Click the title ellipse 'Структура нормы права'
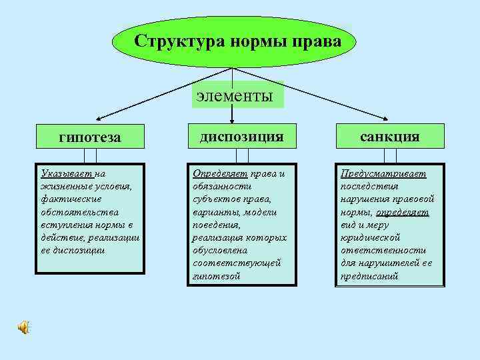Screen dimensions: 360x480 point(237,41)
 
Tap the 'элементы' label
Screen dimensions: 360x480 point(235,95)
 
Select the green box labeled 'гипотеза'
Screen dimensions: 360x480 point(89,137)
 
